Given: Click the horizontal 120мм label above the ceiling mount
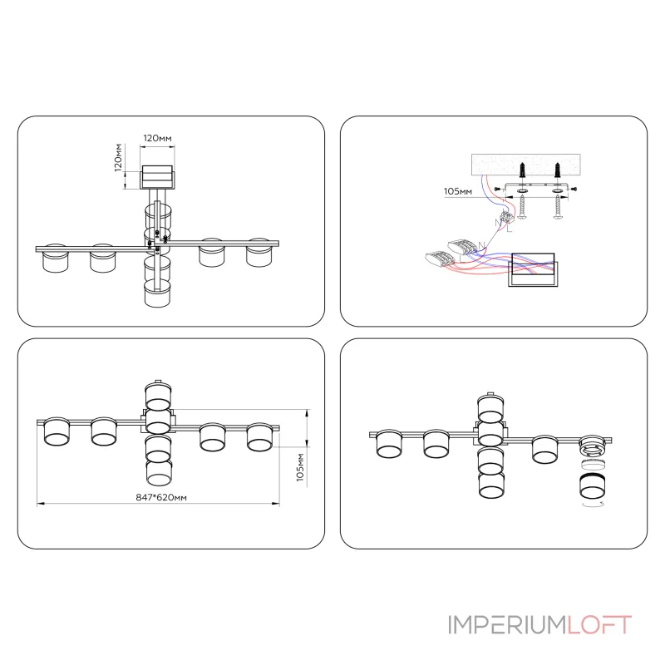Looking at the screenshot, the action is coord(157,138).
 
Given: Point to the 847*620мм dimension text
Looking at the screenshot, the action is coord(161,497).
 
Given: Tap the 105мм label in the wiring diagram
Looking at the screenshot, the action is coord(458,191).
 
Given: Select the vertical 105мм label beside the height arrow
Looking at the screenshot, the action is coord(300,467).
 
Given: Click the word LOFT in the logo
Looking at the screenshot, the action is coord(599,625).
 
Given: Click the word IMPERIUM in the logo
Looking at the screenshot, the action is coord(507,625).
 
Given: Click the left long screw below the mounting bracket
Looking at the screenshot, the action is coord(523,207).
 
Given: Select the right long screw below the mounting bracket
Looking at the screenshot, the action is coord(558,207).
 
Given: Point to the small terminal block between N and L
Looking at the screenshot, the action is coord(506,218).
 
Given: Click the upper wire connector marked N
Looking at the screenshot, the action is coord(461,246).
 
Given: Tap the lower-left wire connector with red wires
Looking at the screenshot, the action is coord(439,259).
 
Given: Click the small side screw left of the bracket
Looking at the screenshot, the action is coord(498,189).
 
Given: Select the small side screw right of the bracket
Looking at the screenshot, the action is coord(573,189).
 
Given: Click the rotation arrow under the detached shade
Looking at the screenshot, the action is coord(593,504).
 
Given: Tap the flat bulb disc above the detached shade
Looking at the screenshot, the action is coord(593,465).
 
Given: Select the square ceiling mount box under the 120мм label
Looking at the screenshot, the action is coord(157,177).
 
